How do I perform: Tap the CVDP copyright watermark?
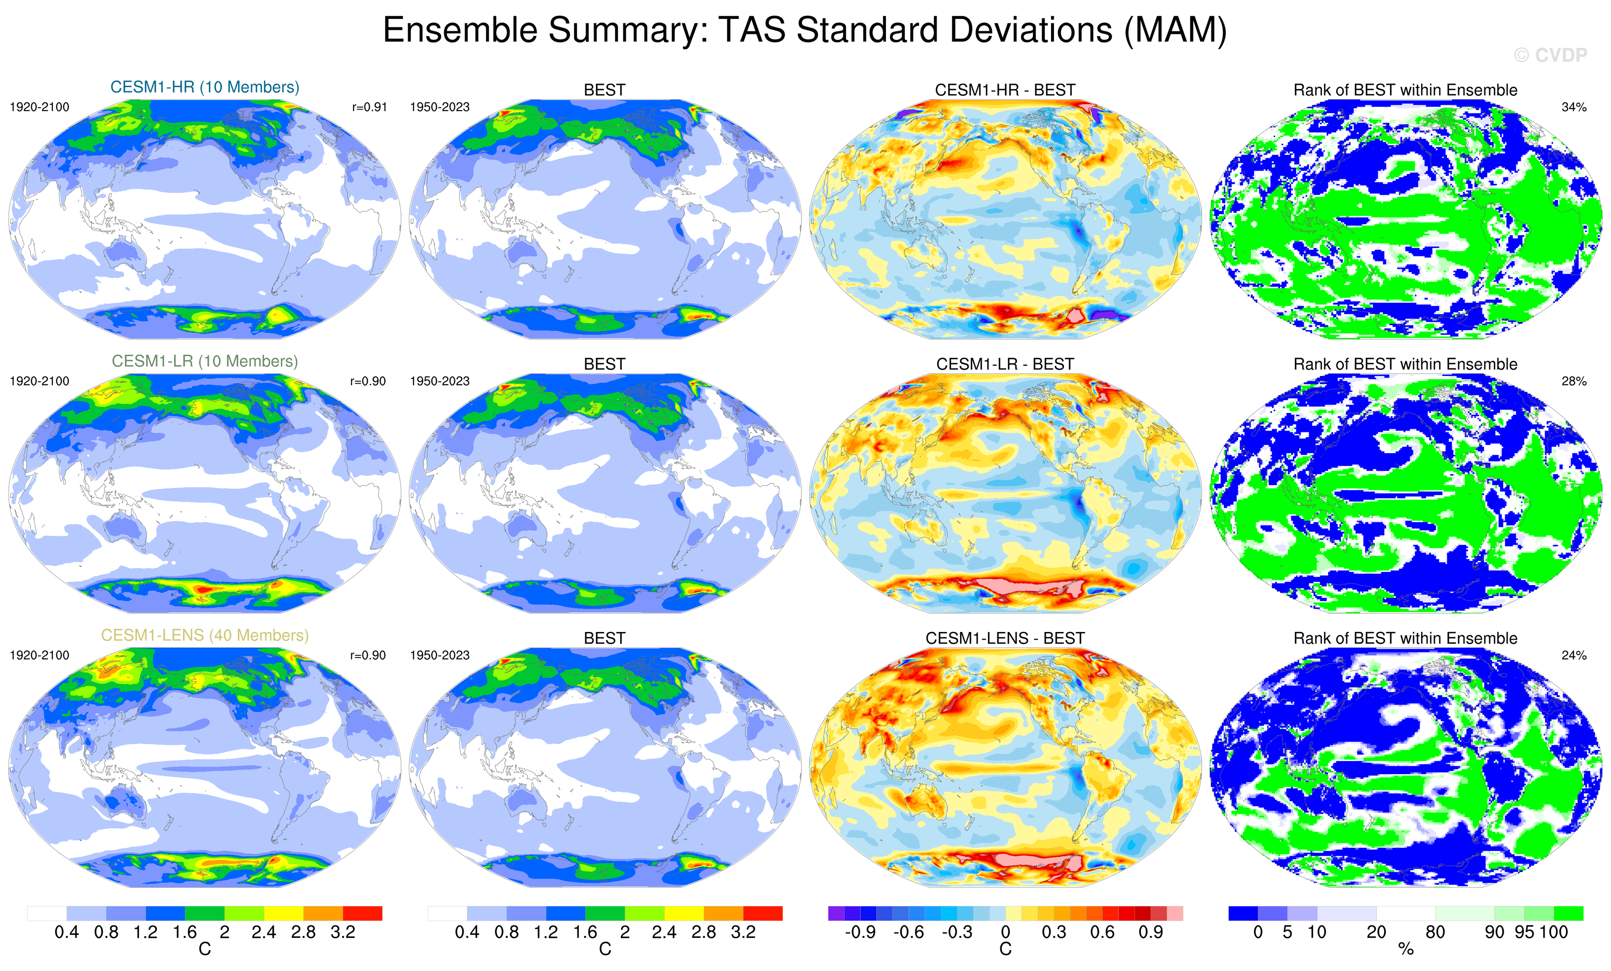pyautogui.click(x=1550, y=55)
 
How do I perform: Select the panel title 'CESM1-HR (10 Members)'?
pyautogui.click(x=205, y=88)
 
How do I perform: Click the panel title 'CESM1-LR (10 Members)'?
pyautogui.click(x=205, y=361)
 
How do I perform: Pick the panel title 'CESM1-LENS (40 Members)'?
pyautogui.click(x=205, y=635)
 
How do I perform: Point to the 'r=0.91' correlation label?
pyautogui.click(x=369, y=107)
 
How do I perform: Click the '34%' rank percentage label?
pyautogui.click(x=1574, y=107)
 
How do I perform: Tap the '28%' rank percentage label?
pyautogui.click(x=1574, y=381)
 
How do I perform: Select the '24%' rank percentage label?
pyautogui.click(x=1574, y=655)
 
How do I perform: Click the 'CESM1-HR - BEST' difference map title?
pyautogui.click(x=1005, y=90)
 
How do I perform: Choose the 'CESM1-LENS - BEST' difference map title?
pyautogui.click(x=1005, y=638)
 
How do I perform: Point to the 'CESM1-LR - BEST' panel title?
pyautogui.click(x=1005, y=364)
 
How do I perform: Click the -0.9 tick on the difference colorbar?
pyautogui.click(x=860, y=933)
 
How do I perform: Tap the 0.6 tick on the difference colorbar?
pyautogui.click(x=1102, y=933)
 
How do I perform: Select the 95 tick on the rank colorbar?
pyautogui.click(x=1524, y=933)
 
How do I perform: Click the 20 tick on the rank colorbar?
pyautogui.click(x=1376, y=933)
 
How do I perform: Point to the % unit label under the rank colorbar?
pyautogui.click(x=1406, y=950)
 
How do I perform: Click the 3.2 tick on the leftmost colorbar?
pyautogui.click(x=343, y=933)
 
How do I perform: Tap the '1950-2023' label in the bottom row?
pyautogui.click(x=439, y=655)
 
